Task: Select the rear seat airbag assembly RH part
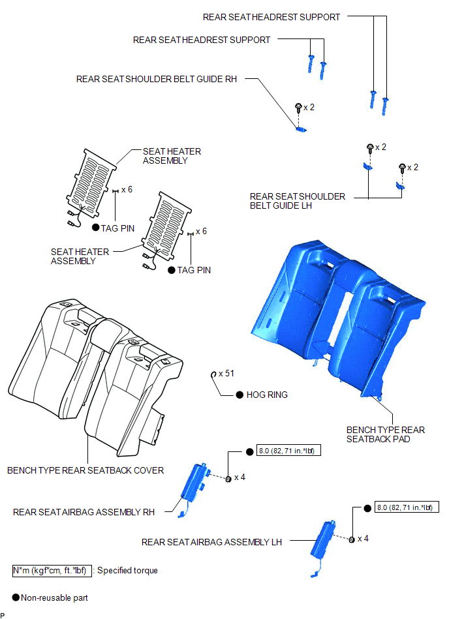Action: tap(193, 487)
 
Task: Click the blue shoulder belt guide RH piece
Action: tap(301, 128)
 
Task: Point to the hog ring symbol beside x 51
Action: tap(213, 374)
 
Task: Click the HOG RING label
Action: tap(267, 395)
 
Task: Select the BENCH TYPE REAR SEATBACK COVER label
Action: tap(85, 470)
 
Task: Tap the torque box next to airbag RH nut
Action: tap(288, 451)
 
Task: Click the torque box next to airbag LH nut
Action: tap(407, 507)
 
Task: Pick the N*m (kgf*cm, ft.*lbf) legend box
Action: tap(52, 571)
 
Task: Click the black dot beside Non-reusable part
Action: tap(16, 597)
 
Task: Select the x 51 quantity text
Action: tap(226, 374)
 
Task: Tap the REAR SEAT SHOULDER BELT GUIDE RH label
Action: tap(157, 79)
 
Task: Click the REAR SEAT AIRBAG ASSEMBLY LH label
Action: tap(211, 543)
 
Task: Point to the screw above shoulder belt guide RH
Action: tap(298, 108)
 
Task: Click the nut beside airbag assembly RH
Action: tap(228, 479)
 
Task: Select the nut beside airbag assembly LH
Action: tap(352, 539)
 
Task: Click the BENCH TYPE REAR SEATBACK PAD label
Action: tap(386, 434)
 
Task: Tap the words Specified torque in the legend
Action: tap(127, 571)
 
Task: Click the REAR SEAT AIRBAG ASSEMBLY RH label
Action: tap(84, 512)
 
